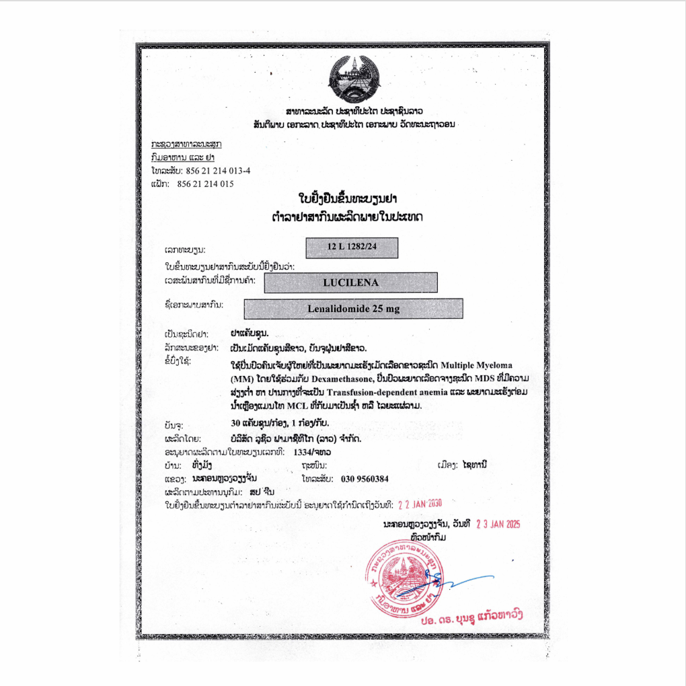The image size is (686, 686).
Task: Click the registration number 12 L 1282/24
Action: [x=352, y=247]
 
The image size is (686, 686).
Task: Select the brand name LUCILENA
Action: [x=350, y=282]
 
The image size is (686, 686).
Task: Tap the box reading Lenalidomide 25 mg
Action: [x=353, y=309]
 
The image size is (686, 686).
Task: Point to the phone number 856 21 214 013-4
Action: [x=214, y=170]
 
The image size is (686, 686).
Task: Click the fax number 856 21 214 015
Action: [x=205, y=184]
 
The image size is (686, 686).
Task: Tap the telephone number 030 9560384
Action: [x=365, y=478]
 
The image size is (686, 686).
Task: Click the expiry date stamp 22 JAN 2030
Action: [x=420, y=503]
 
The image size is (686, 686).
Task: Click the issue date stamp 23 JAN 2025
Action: [x=498, y=524]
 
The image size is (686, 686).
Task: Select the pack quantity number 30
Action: [x=235, y=424]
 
